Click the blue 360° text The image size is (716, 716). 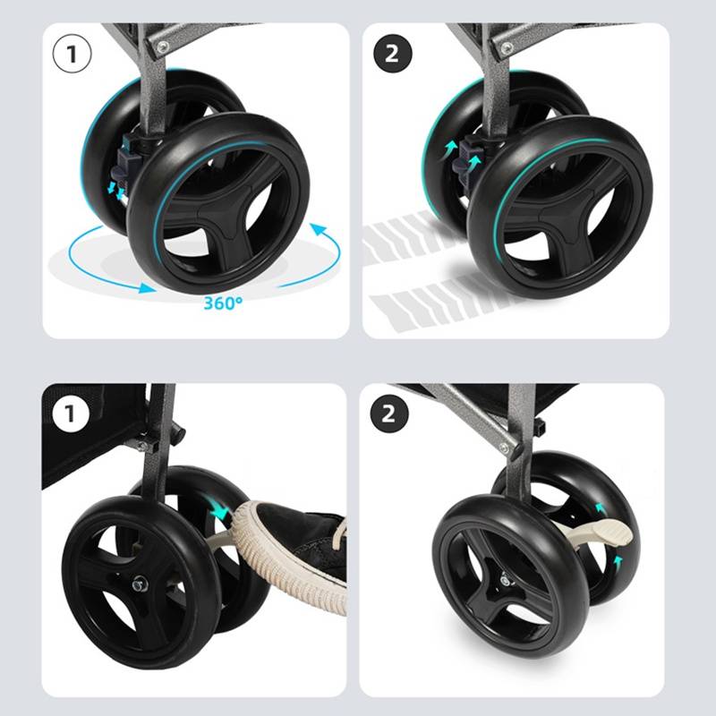point(223,303)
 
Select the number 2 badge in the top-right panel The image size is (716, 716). point(392,54)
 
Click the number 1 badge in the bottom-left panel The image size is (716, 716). point(71,413)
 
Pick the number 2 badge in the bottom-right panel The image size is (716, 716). point(389,413)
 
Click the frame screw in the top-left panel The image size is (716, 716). point(163,47)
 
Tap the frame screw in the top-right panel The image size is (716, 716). point(506,47)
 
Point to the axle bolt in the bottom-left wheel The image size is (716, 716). point(139,584)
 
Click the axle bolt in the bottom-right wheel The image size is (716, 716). point(505,581)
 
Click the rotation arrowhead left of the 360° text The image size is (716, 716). point(147,288)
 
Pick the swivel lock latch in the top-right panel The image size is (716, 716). point(465,161)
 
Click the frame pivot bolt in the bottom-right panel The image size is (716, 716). point(504,448)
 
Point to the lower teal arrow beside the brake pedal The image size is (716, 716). point(618,561)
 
